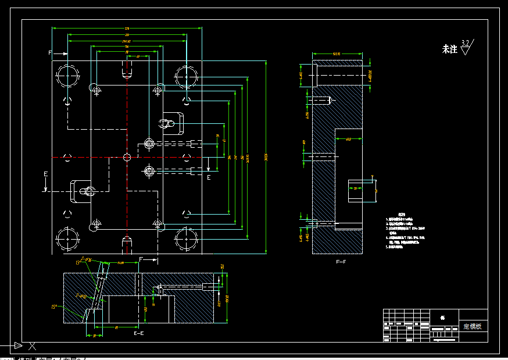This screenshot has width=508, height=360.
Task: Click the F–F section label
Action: (x=341, y=262)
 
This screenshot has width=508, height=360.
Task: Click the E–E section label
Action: (x=139, y=334)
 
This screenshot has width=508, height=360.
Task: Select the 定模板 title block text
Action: (x=471, y=326)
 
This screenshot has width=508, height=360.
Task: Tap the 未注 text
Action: (x=450, y=49)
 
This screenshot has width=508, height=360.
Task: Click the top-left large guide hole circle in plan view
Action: (x=69, y=77)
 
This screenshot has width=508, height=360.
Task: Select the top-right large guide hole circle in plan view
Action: (x=186, y=77)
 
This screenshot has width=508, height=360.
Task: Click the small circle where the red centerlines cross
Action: (x=127, y=157)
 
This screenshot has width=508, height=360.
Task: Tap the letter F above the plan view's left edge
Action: (x=51, y=53)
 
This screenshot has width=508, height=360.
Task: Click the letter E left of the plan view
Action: (x=45, y=174)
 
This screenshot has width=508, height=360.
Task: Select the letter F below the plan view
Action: (x=141, y=258)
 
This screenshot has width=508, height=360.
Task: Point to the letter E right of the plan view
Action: (x=209, y=177)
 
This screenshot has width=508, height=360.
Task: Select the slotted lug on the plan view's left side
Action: (x=79, y=191)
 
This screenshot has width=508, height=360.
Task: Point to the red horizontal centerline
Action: (x=93, y=157)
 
